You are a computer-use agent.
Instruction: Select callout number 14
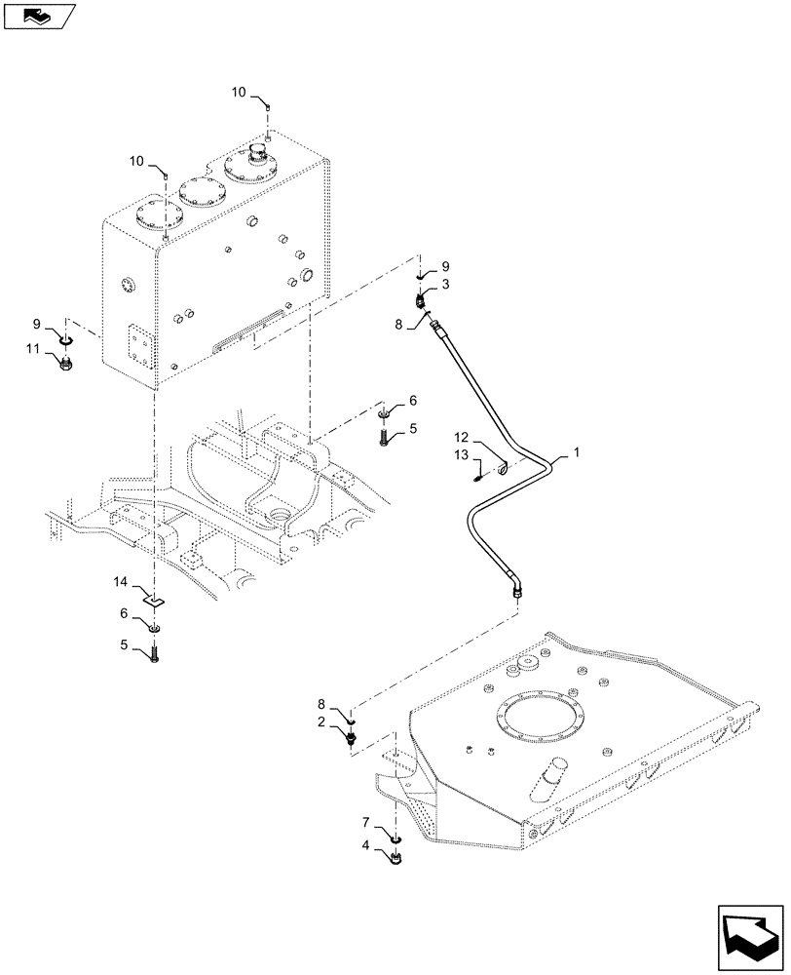120,582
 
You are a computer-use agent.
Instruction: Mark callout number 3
445,284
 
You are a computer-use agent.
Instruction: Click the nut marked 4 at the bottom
397,859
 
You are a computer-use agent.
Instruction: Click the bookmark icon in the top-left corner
38,16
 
